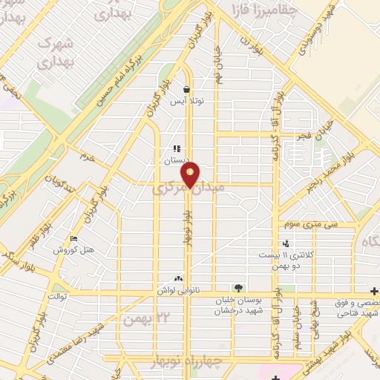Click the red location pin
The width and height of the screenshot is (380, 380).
pyautogui.click(x=191, y=175)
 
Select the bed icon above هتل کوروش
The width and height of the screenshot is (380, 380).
pyautogui.click(x=73, y=238)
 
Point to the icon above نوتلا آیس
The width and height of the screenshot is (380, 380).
pyautogui.click(x=186, y=89)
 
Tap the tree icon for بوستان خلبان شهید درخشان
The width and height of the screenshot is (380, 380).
pyautogui.click(x=237, y=288)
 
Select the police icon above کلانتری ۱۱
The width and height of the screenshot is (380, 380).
pyautogui.click(x=286, y=244)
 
